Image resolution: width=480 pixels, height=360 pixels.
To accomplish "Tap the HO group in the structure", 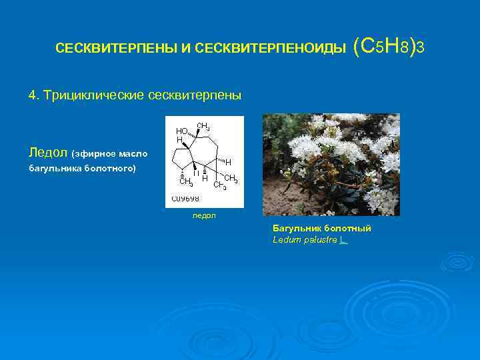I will click(x=181, y=131).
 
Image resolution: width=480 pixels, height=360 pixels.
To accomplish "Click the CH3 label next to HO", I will click(x=204, y=125).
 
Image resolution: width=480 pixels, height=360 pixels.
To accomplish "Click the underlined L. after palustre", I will click(x=343, y=239).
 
